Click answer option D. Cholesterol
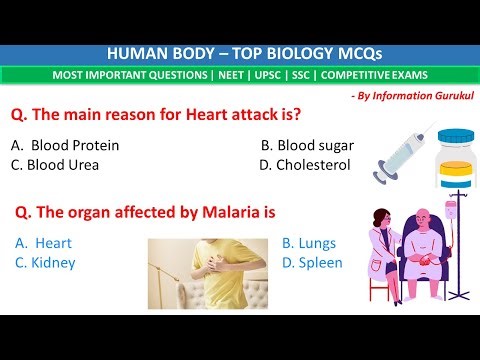pyautogui.click(x=304, y=165)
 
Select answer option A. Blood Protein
pyautogui.click(x=66, y=145)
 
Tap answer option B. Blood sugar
pyautogui.click(x=307, y=145)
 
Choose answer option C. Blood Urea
pyautogui.click(x=59, y=165)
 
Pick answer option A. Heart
pyautogui.click(x=44, y=243)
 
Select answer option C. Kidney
pyautogui.click(x=46, y=263)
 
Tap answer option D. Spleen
pyautogui.click(x=312, y=263)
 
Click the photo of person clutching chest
pyautogui.click(x=206, y=272)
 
